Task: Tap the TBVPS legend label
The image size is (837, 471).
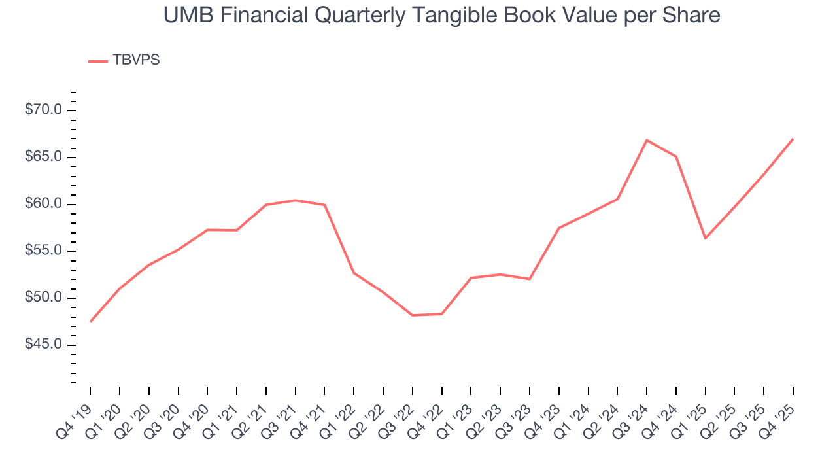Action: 136,60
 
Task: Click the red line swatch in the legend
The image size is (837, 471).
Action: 98,61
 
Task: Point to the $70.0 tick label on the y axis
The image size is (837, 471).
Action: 43,110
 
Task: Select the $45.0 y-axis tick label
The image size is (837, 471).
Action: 43,345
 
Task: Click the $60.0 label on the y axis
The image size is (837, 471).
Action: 43,204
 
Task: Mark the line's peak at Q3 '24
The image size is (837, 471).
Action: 647,140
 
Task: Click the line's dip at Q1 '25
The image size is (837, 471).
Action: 705,238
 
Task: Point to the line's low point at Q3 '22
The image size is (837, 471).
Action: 413,315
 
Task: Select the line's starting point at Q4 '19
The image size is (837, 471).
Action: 90,321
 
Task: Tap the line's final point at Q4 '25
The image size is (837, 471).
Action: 793,139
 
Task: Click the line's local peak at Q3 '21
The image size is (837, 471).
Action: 296,200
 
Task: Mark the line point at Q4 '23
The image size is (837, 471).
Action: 559,228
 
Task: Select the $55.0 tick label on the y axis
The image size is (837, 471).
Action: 43,251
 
